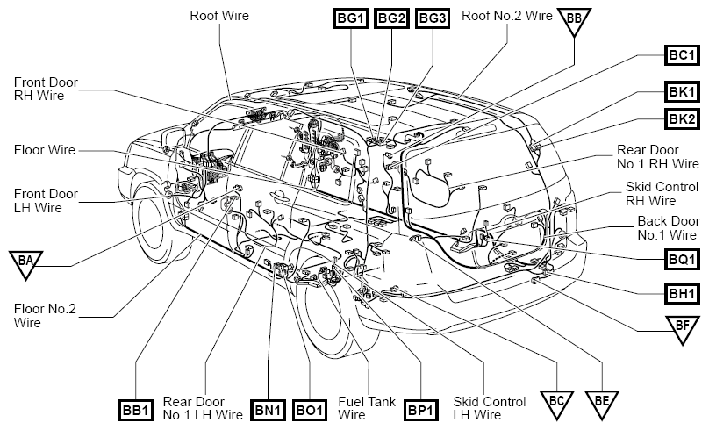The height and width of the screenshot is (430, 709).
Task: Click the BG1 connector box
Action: click(350, 18)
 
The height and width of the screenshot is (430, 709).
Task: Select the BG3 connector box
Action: click(433, 18)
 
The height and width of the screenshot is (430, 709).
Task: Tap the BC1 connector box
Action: click(682, 55)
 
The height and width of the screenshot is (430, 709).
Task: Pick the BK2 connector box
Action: click(682, 119)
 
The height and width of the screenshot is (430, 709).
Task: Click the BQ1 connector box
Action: click(682, 260)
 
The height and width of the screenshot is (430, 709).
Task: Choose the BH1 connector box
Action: click(682, 294)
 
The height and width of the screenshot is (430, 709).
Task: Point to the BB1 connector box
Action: click(136, 411)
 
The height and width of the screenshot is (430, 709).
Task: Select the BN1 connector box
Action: click(269, 411)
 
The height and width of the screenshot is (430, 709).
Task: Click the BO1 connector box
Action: click(310, 411)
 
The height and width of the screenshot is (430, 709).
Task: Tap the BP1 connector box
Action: click(421, 411)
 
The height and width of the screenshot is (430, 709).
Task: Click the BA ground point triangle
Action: click(25, 263)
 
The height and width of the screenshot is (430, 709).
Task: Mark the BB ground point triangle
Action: click(574, 20)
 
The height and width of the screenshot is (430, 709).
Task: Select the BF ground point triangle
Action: click(683, 329)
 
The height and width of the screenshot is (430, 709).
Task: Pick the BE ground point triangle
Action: click(602, 404)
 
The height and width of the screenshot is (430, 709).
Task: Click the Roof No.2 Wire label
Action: click(507, 16)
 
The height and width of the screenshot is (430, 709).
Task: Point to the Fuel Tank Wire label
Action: click(367, 408)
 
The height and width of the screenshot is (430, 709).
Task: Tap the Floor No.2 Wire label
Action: click(46, 316)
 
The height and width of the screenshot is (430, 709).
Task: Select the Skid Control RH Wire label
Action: click(662, 194)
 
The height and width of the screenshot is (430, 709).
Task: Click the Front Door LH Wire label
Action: click(46, 201)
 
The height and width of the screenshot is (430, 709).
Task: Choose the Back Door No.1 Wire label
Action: click(669, 228)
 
